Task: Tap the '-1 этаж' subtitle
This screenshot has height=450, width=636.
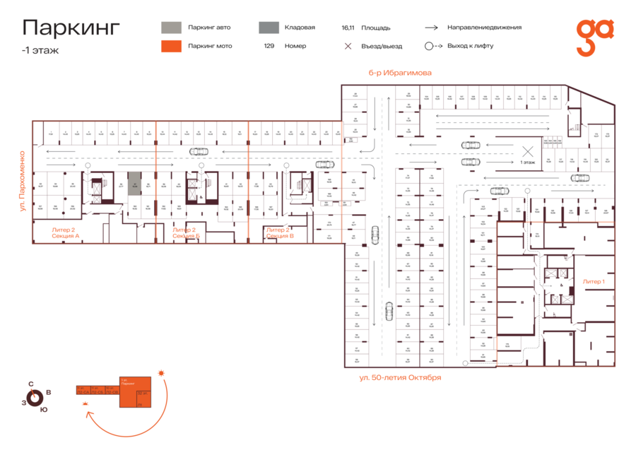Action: (x=40, y=50)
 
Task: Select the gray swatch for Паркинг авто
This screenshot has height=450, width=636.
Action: (x=171, y=28)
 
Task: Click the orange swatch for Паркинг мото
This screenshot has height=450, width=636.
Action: (x=171, y=46)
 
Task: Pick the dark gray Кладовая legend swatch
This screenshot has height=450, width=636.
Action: (x=268, y=28)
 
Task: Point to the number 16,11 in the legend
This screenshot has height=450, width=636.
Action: (x=347, y=28)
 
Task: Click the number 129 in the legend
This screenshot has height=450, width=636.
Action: (x=269, y=46)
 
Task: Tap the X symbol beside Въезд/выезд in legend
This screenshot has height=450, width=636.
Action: (x=348, y=46)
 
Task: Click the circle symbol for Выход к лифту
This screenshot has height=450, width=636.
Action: (x=429, y=46)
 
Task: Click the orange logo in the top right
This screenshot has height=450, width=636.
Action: (x=594, y=37)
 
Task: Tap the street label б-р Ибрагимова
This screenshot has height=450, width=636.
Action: (x=399, y=73)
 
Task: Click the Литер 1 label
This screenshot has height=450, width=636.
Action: (x=594, y=281)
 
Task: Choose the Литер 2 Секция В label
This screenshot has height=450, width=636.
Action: (x=280, y=232)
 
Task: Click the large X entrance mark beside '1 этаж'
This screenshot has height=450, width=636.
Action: (x=527, y=150)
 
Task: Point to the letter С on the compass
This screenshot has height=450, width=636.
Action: (x=30, y=384)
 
